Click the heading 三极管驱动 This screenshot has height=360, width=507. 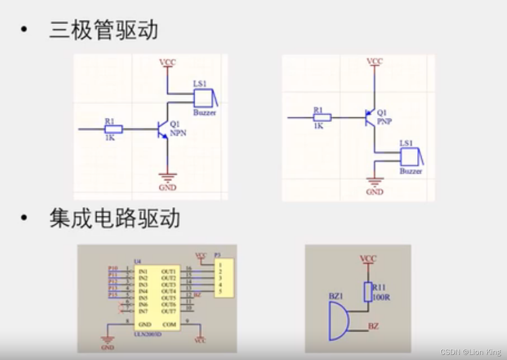103,30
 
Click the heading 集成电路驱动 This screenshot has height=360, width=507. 115,218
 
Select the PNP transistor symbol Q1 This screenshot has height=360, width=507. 370,117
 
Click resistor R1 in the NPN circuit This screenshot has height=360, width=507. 114,129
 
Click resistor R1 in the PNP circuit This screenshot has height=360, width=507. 322,117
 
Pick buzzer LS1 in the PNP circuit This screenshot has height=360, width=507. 411,157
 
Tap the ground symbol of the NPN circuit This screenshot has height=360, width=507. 167,176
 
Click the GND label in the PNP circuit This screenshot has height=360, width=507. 374,192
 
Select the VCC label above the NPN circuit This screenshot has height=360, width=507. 167,63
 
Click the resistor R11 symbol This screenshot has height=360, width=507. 368,292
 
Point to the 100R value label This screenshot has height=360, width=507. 381,297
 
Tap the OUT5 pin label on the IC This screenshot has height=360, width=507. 168,298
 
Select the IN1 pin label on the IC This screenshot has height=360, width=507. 143,272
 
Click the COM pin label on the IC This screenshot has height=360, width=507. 169,324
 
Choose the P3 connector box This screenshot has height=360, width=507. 224,278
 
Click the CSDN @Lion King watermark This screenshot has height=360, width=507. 470,352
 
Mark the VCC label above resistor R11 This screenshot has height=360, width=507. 368,259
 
